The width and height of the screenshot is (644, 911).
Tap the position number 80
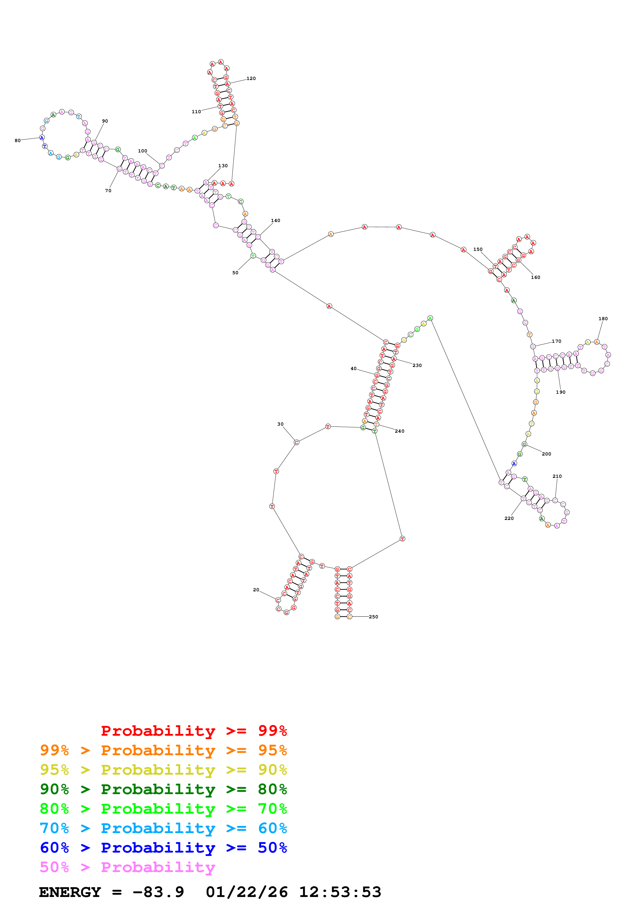coord(17,140)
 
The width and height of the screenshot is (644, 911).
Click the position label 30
coord(280,424)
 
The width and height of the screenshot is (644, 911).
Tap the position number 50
coord(235,273)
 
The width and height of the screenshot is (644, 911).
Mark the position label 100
coord(142,151)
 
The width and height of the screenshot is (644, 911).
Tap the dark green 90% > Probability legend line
coord(163,789)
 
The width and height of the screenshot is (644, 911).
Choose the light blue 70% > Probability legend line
coord(163,828)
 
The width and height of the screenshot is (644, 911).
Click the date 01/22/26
coord(247,892)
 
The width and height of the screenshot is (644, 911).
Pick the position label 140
coord(275,220)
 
